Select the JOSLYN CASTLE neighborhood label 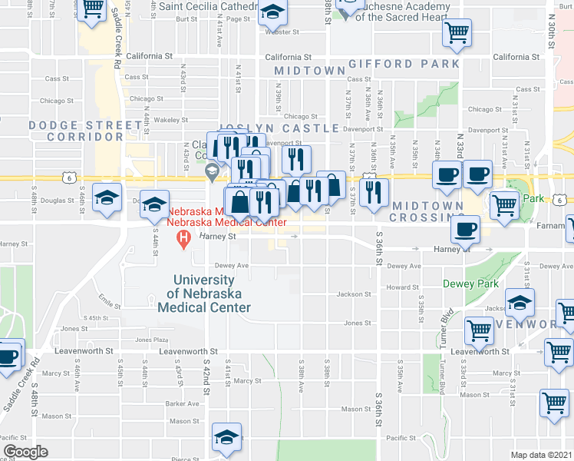click(x=279, y=128)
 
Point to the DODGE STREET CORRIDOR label click(x=75, y=131)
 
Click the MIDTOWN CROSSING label click(x=427, y=212)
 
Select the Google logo click(x=25, y=452)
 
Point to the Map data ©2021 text click(x=542, y=455)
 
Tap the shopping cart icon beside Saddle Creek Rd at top click(x=92, y=9)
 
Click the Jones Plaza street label click(x=151, y=340)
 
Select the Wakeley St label click(x=170, y=120)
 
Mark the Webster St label click(x=282, y=32)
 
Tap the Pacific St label click(x=402, y=438)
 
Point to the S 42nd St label click(x=206, y=376)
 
